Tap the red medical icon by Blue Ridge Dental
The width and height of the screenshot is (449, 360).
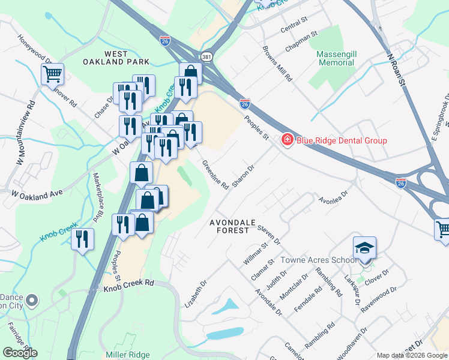(287, 140)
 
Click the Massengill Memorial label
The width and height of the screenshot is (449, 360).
(336, 58)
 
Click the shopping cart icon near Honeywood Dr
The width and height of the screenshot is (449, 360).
(52, 74)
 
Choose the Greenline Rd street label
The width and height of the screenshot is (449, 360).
(215, 175)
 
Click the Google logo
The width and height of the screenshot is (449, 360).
(20, 353)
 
